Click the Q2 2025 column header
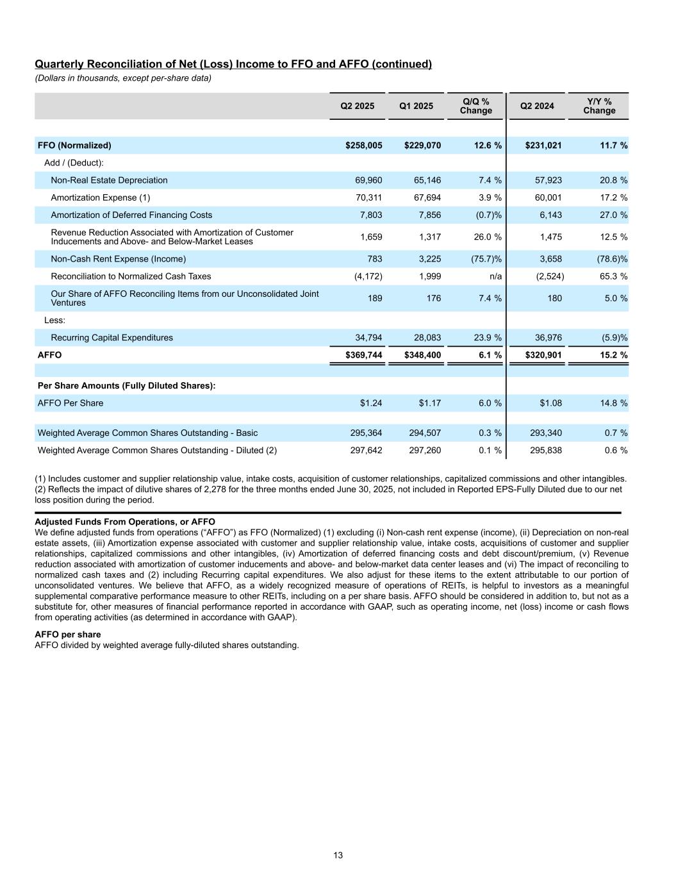point(357,106)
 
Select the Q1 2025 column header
point(416,106)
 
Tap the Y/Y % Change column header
point(598,106)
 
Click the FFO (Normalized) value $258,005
point(363,146)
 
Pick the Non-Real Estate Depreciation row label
point(109,180)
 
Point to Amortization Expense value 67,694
point(425,197)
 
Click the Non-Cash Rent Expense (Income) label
point(118,259)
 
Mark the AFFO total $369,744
point(363,354)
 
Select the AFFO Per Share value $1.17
point(430,403)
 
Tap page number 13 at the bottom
point(338,855)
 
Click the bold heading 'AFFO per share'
point(67,635)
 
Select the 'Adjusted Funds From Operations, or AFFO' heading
point(124,522)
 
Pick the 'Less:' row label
point(55,320)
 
